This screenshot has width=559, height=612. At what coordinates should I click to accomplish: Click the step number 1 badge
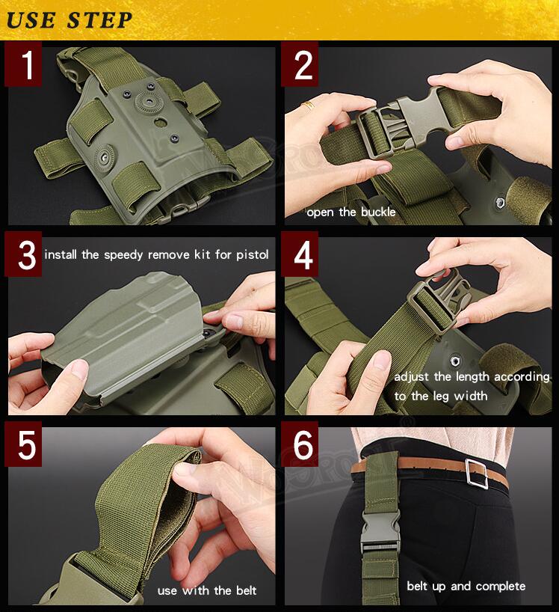[23, 64]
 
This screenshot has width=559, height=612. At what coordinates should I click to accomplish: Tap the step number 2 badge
[300, 64]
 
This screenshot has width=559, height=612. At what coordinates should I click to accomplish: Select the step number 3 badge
[23, 254]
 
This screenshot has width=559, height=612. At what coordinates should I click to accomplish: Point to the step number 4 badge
[300, 254]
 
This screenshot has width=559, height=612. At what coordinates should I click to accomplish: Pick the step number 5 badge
[23, 444]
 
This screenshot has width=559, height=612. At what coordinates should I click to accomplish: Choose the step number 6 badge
[300, 444]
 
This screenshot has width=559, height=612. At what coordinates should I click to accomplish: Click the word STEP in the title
[100, 20]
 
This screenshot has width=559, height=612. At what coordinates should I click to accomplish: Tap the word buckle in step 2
[378, 212]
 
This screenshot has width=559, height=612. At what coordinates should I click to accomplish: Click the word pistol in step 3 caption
[253, 254]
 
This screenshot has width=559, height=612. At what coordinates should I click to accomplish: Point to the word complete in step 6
[501, 587]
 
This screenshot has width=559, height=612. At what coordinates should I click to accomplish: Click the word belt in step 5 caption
[247, 590]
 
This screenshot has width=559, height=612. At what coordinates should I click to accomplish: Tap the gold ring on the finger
[308, 105]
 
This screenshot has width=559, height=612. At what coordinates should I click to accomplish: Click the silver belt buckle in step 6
[476, 474]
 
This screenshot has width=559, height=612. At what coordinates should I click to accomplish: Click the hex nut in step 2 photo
[499, 203]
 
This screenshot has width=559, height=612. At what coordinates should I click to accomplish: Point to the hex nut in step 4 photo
[454, 361]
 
